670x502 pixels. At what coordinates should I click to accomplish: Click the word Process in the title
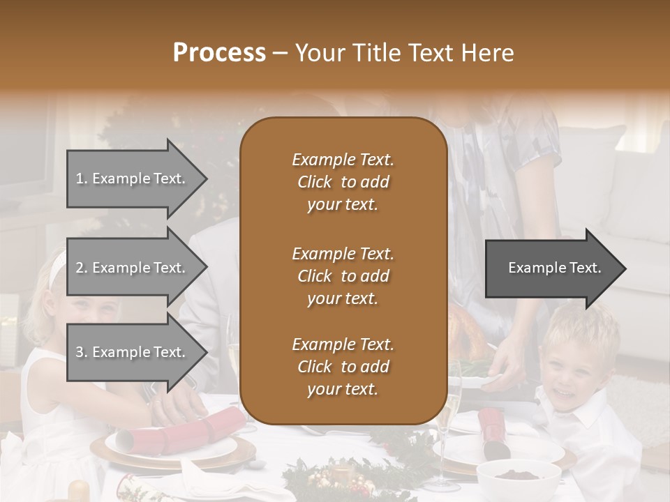219,53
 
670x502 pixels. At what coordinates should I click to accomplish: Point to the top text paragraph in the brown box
343,182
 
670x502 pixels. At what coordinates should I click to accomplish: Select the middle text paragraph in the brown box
343,275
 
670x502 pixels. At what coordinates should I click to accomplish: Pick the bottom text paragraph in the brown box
343,367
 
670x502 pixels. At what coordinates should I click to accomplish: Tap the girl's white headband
57,268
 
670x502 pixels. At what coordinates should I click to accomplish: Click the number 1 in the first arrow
80,178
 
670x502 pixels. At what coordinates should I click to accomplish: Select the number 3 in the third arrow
80,352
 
